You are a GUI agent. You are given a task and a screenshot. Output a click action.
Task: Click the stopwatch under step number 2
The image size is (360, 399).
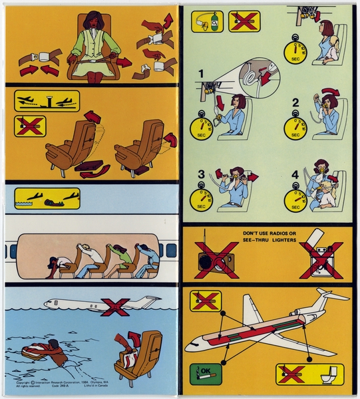295,128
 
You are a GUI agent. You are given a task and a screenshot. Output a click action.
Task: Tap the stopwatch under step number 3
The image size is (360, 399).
202,199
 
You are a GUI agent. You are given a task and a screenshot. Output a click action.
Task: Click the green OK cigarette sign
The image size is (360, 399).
204,374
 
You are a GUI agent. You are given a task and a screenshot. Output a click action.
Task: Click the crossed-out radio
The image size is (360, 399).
217,259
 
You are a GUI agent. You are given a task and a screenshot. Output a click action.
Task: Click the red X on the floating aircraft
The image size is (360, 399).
116,307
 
